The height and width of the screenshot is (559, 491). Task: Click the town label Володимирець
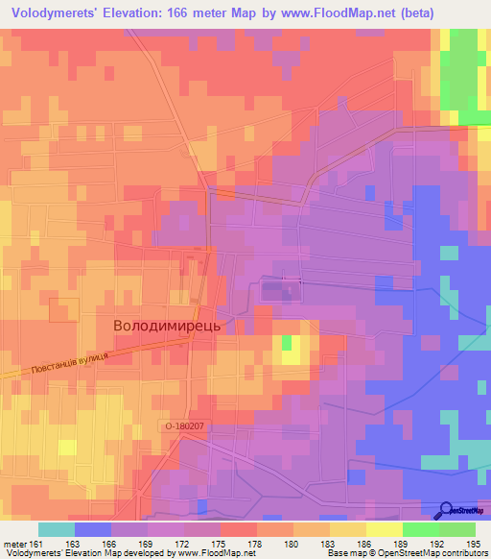coord(168,326)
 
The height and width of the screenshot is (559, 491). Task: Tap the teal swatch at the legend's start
coord(57,529)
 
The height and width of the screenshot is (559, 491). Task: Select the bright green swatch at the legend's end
coord(456,529)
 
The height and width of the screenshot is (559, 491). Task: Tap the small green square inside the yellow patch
coord(287,342)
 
